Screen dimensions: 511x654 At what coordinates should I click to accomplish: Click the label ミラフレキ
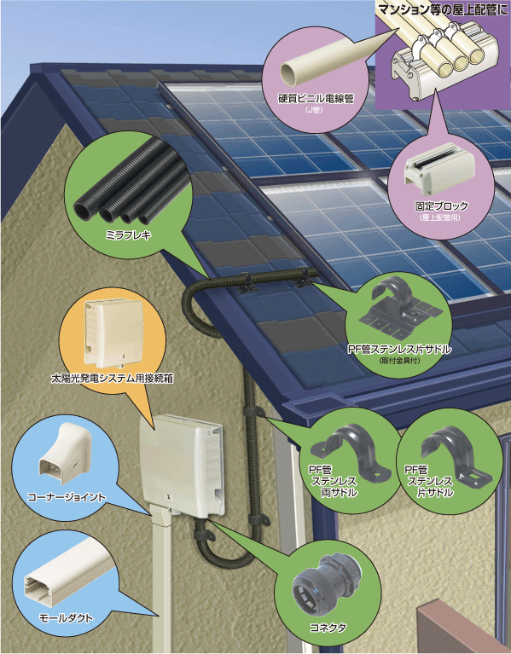click(128, 235)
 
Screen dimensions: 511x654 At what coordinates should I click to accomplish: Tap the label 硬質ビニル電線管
click(316, 98)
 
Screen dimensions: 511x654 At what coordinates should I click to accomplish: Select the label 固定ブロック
click(441, 206)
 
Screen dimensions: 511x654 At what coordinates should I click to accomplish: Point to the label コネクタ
click(328, 628)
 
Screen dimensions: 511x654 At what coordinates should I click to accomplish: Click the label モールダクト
click(66, 617)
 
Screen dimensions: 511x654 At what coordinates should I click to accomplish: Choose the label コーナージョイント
click(67, 497)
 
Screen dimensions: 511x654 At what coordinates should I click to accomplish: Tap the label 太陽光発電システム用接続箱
click(112, 379)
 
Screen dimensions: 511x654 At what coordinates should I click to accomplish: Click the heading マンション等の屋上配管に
click(443, 9)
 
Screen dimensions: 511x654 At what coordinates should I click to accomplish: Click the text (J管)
click(315, 110)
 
